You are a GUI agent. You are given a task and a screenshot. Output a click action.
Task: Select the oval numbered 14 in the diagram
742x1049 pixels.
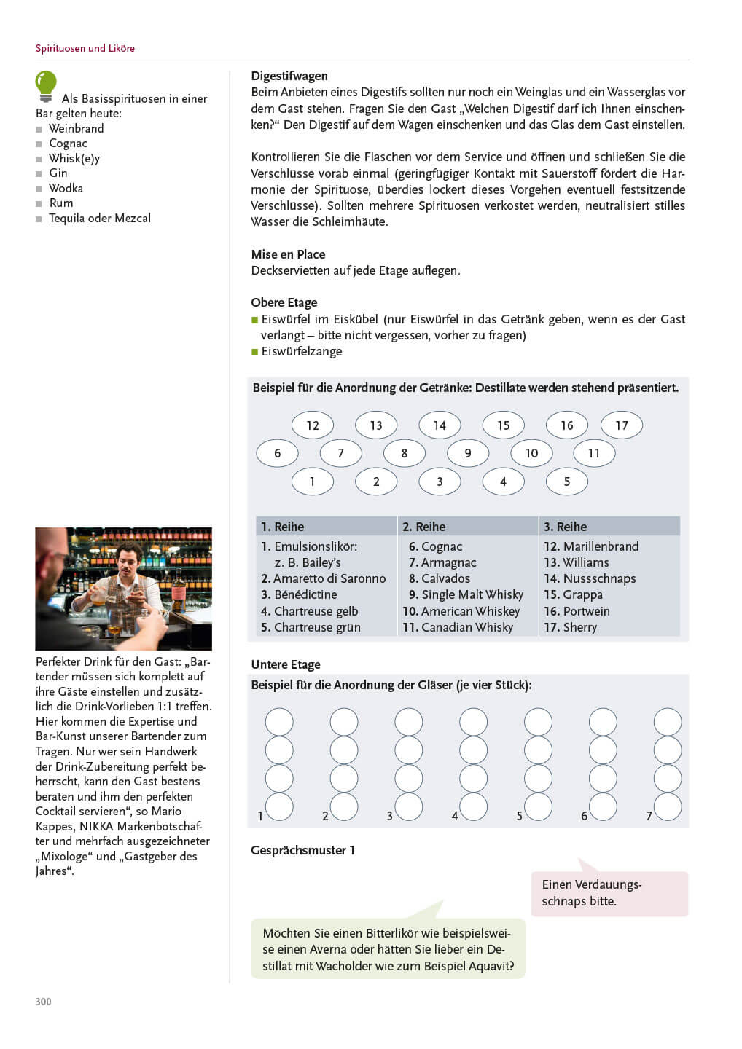click(440, 425)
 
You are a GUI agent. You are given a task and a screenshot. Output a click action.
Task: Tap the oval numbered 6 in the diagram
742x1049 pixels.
click(277, 453)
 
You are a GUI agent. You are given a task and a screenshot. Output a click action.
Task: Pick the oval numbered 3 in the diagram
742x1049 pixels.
click(440, 482)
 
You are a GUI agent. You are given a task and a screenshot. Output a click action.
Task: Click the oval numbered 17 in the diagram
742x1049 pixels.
click(621, 425)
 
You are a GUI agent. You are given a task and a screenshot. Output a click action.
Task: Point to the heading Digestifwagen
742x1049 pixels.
click(289, 76)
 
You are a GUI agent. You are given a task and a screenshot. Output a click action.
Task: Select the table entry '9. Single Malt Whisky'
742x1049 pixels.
click(466, 595)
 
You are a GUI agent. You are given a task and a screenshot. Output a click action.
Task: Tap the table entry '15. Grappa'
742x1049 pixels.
click(574, 595)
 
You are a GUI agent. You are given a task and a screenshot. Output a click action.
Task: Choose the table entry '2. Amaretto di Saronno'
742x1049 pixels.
click(324, 578)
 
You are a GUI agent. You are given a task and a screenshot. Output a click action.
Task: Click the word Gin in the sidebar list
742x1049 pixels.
click(58, 173)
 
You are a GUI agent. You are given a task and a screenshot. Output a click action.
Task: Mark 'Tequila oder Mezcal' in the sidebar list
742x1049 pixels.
click(100, 219)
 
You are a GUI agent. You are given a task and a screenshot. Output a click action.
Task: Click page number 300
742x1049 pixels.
click(44, 1002)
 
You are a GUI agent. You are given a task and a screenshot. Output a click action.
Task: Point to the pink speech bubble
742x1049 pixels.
click(609, 893)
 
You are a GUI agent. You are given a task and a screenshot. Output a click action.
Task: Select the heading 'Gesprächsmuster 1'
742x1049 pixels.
click(302, 850)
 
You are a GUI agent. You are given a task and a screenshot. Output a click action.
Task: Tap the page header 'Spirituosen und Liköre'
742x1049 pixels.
click(85, 49)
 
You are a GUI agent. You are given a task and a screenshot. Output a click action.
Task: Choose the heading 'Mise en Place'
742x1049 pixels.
click(288, 254)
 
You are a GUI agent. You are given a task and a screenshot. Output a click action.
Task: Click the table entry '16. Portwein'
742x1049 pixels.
click(577, 611)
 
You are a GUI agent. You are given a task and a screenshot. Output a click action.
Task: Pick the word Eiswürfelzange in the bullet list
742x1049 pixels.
click(302, 352)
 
